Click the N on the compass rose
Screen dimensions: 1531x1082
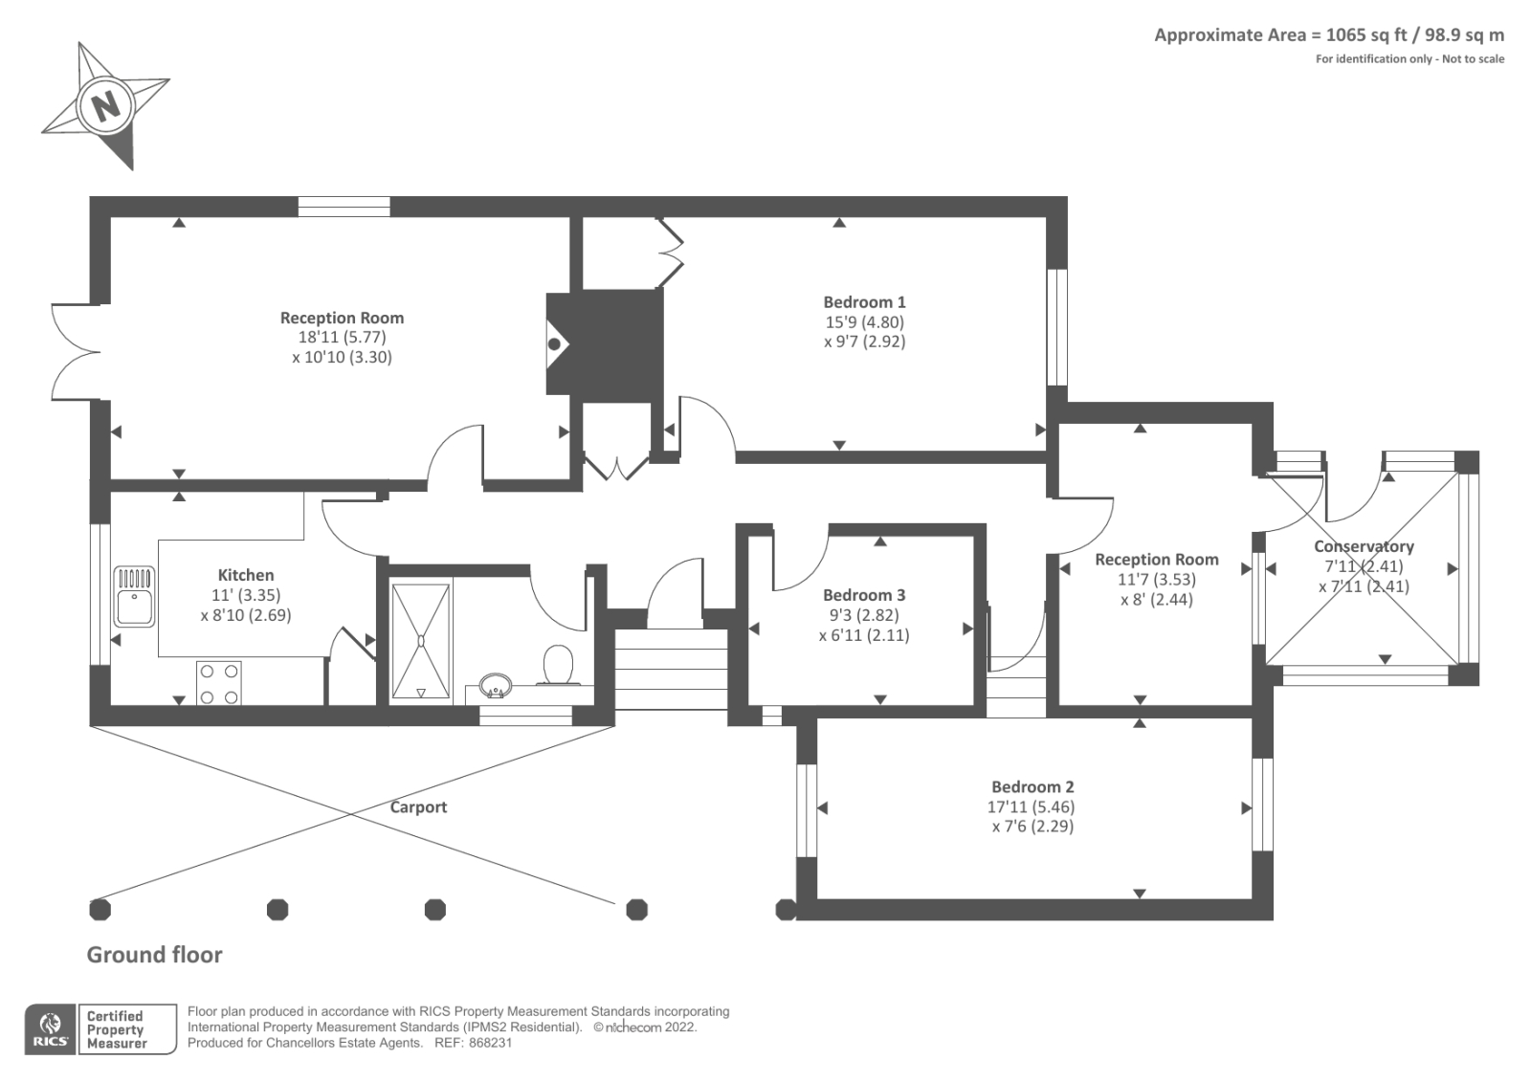(105, 107)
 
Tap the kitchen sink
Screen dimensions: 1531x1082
(134, 596)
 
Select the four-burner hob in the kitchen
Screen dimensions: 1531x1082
(219, 683)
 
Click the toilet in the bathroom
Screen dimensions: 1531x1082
(558, 665)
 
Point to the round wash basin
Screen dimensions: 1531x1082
(496, 686)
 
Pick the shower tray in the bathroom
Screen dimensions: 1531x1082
(421, 642)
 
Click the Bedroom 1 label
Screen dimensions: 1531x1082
(865, 302)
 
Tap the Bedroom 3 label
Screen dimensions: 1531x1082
(865, 595)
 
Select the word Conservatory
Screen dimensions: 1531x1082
(1364, 547)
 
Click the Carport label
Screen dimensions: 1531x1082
(418, 807)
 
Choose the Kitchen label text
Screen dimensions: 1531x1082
(246, 576)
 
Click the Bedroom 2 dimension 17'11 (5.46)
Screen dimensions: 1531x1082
(1031, 807)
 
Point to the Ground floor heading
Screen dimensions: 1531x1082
(154, 955)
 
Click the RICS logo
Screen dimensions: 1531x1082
(51, 1029)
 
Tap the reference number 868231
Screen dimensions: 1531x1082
(490, 1043)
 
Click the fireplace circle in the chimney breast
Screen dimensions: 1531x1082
(554, 343)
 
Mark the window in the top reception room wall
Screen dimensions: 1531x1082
(344, 207)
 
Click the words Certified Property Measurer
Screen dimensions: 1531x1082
(116, 1030)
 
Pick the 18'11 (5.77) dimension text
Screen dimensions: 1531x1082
(342, 338)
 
